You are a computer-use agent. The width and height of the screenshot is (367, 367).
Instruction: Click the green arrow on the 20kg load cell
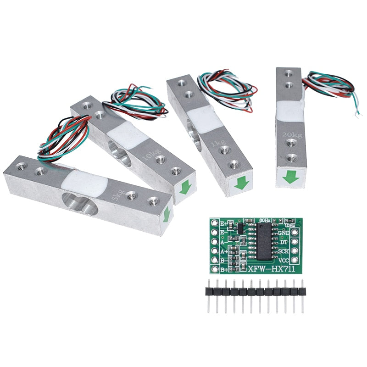(x=289, y=176)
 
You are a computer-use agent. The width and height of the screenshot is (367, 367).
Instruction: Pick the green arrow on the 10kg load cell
(x=184, y=187)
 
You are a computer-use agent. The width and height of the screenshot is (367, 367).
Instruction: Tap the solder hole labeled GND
(x=294, y=233)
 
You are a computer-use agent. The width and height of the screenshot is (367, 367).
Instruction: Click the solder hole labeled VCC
(x=294, y=260)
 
